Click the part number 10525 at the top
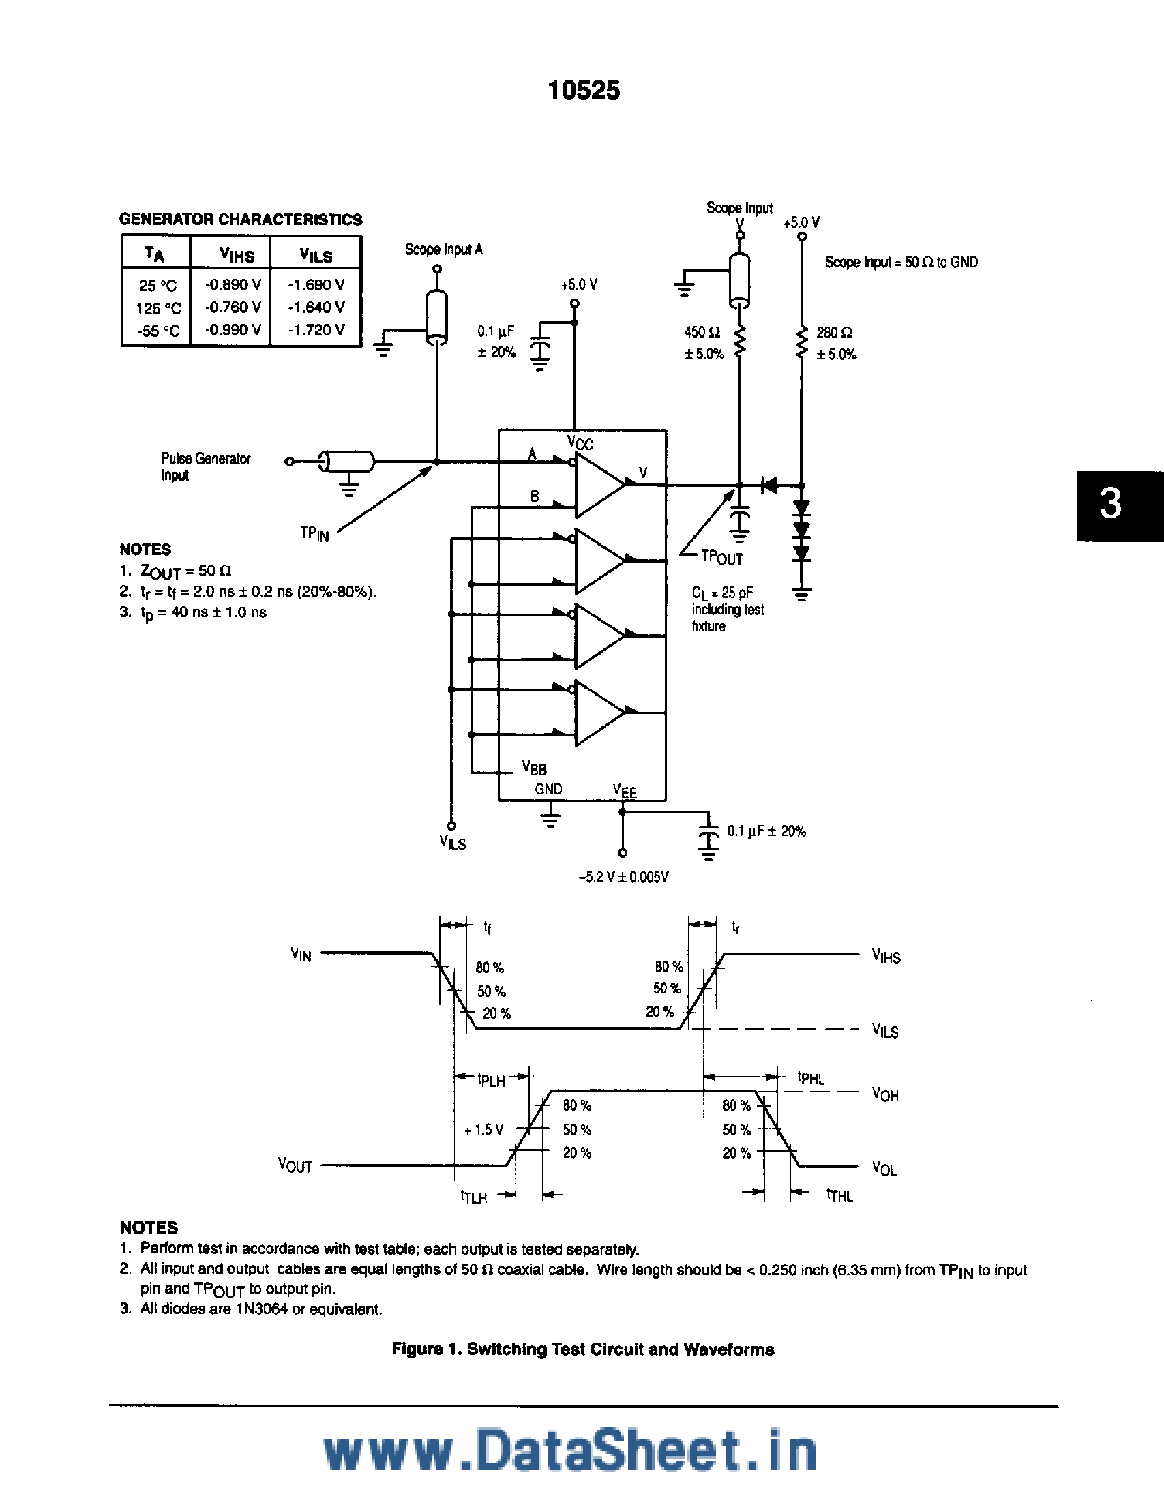584,91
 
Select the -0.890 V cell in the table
233,284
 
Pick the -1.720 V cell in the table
316,330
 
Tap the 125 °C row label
158,308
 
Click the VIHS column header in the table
236,255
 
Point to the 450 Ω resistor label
702,332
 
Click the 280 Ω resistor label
835,333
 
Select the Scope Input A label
443,250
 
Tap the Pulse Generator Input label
205,466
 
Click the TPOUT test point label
722,558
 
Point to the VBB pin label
534,768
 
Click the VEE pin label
625,791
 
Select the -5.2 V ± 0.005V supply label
623,877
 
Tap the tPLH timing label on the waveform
490,1080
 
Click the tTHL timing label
840,1195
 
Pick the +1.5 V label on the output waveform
483,1130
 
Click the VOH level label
885,1094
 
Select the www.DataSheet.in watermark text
571,1452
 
